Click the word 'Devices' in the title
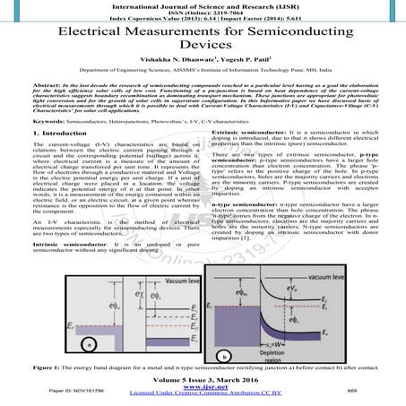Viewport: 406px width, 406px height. click(202, 41)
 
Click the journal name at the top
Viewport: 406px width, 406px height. click(203, 4)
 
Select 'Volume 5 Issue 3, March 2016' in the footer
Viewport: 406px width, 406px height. click(203, 378)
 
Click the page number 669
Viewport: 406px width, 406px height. click(378, 393)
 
